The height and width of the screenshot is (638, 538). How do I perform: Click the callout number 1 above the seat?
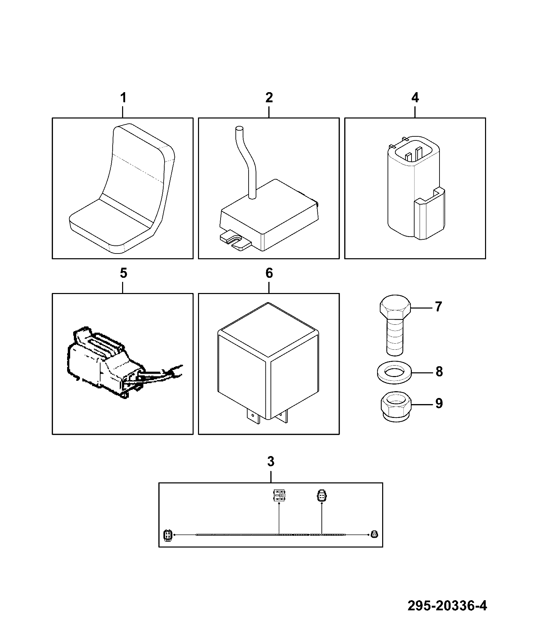click(x=123, y=98)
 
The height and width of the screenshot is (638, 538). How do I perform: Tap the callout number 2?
click(x=269, y=98)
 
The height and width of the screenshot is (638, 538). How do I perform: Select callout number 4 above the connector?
click(x=415, y=98)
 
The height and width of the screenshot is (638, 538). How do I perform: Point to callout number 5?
click(x=123, y=273)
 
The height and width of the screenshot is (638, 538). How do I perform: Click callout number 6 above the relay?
click(x=269, y=273)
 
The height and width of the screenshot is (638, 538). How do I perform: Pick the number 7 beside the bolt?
click(x=438, y=307)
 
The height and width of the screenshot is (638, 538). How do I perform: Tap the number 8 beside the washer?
click(x=438, y=372)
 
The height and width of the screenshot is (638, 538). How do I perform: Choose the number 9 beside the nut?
click(x=438, y=403)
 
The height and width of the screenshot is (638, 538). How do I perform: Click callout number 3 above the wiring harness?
click(x=271, y=461)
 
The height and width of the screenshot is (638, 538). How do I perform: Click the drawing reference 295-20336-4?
click(x=447, y=606)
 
